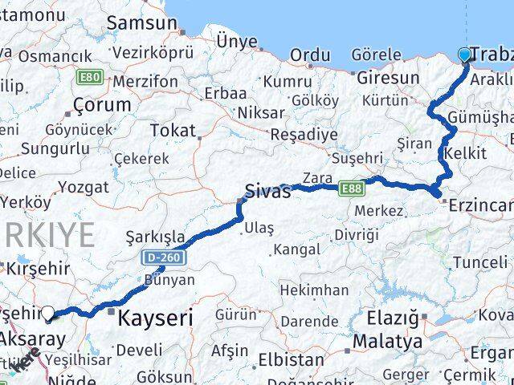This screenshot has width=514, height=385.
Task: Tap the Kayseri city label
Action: [x=156, y=318]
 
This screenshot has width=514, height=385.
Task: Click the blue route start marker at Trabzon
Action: [x=465, y=55]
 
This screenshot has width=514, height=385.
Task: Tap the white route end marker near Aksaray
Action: [x=49, y=314]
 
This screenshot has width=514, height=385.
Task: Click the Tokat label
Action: [x=173, y=130]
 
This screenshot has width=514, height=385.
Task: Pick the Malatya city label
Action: [x=393, y=341]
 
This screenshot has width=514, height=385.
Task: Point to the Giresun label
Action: [x=389, y=78]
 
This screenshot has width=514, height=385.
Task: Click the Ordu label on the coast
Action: [x=309, y=55]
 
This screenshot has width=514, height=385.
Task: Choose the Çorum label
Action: [x=102, y=104]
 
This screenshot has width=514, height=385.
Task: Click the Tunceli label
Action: [x=479, y=262]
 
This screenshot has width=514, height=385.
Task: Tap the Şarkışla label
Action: [x=156, y=237]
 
